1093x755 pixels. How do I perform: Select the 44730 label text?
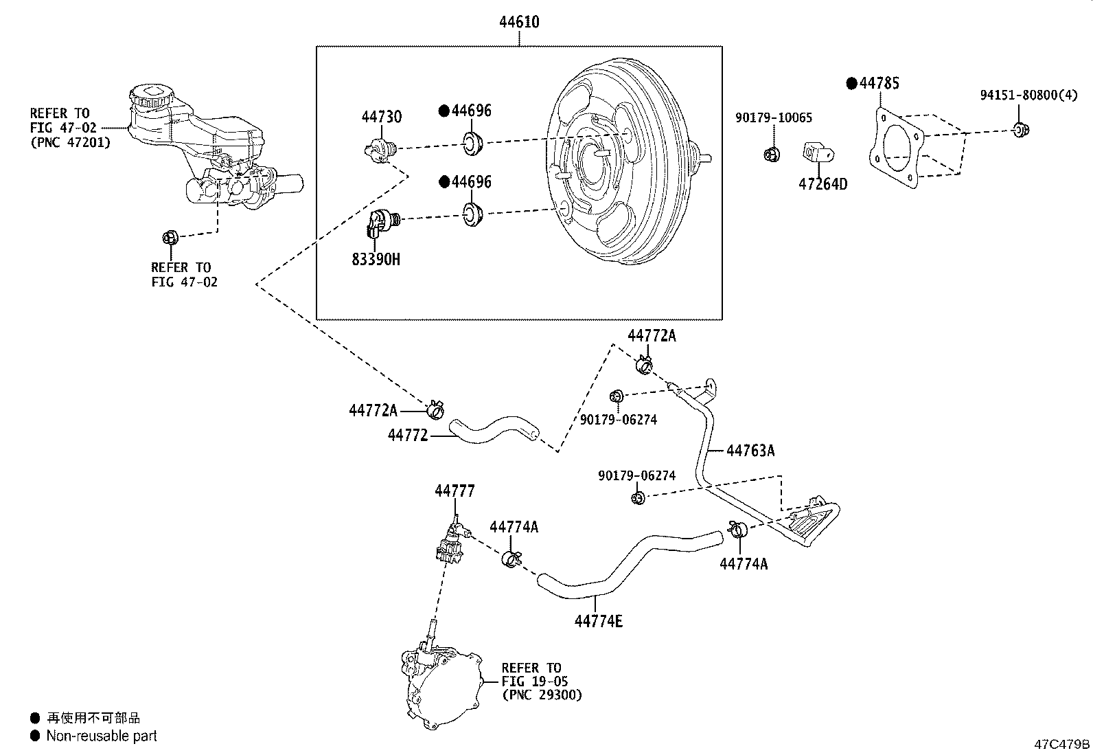click(x=382, y=117)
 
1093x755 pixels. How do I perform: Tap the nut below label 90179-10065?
click(x=771, y=153)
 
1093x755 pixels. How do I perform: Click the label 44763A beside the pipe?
click(x=750, y=451)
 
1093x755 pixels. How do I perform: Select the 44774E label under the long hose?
click(x=598, y=621)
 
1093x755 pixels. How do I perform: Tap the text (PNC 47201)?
click(x=69, y=143)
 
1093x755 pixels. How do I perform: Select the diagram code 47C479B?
click(x=1062, y=744)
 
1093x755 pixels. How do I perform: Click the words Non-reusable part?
click(x=101, y=736)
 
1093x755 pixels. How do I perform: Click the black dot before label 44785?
click(x=851, y=83)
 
